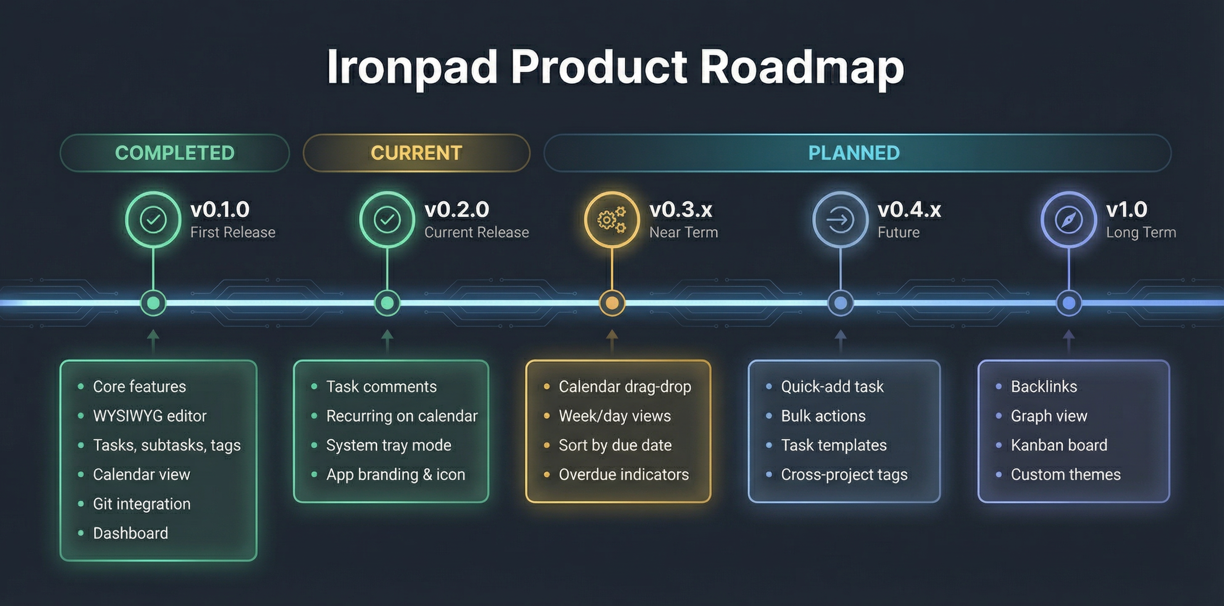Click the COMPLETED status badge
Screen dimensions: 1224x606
click(x=174, y=153)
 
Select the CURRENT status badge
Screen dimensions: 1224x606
click(x=416, y=153)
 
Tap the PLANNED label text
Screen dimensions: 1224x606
click(x=854, y=153)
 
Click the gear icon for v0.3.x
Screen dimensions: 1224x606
click(x=612, y=220)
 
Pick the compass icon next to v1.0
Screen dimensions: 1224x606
click(x=1068, y=220)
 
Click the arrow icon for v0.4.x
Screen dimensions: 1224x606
click(x=840, y=220)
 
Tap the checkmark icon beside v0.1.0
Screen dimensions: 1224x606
click(x=153, y=220)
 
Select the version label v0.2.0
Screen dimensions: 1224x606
click(x=456, y=209)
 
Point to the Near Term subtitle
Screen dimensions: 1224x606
click(x=683, y=232)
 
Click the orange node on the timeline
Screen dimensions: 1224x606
click(x=612, y=303)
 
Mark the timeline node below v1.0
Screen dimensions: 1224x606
click(x=1068, y=303)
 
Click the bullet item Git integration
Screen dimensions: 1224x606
click(x=142, y=504)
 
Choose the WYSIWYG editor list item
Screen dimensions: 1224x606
click(x=150, y=416)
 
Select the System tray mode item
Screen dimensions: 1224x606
click(x=388, y=445)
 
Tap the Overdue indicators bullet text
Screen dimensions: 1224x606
click(x=623, y=474)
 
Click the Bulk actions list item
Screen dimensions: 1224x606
click(x=823, y=416)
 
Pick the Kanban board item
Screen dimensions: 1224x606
click(x=1059, y=445)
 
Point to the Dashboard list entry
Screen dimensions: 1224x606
click(x=130, y=533)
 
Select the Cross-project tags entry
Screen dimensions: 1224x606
click(x=844, y=474)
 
